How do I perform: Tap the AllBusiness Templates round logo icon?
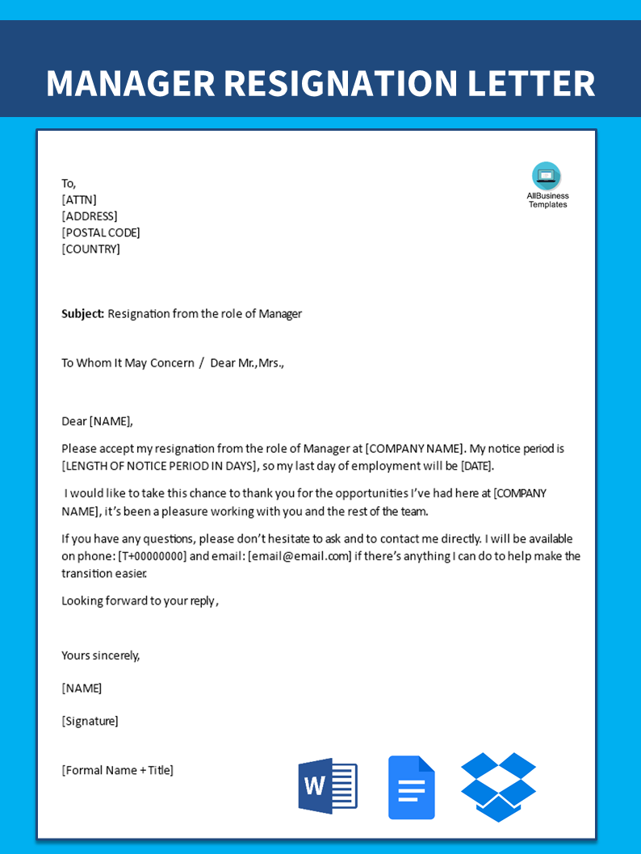coord(547,176)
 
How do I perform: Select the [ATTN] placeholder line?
coord(79,199)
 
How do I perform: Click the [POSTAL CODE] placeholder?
coord(101,232)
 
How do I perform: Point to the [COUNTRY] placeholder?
coord(91,249)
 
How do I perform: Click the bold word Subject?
coord(83,313)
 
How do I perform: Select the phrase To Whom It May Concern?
coord(128,362)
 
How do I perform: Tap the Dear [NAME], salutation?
coord(97,421)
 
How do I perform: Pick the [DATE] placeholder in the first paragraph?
coord(476,466)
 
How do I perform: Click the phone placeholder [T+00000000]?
coord(152,556)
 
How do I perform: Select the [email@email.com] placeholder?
coord(300,556)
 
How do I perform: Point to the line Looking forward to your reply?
coord(139,601)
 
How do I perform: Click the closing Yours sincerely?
coord(101,655)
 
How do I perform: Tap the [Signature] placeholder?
coord(90,721)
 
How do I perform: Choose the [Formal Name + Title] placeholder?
coord(117,770)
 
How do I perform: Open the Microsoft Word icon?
coord(327,786)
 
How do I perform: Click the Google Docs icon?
coord(411,788)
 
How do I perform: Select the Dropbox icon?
coord(498,787)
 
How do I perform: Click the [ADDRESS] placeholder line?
coord(90,216)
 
